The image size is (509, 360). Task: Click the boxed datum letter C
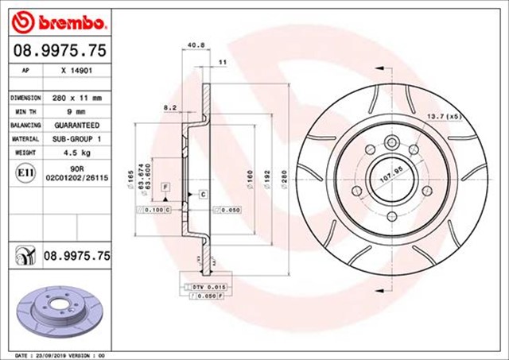pos(203,195)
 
